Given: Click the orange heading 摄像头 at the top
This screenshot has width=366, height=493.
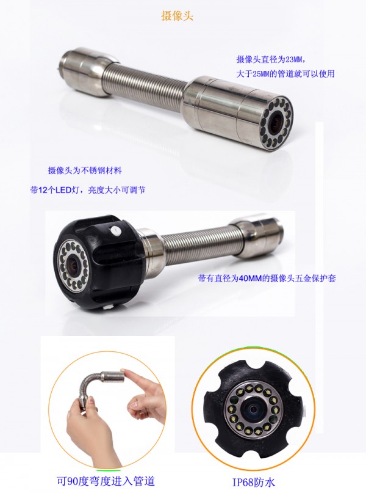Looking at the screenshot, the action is [x=177, y=16].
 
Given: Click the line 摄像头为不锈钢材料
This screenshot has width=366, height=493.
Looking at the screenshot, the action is [x=84, y=170].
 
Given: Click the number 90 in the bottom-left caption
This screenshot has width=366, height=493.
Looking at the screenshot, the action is [x=71, y=481].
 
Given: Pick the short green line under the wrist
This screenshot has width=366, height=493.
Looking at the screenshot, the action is [x=109, y=470].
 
